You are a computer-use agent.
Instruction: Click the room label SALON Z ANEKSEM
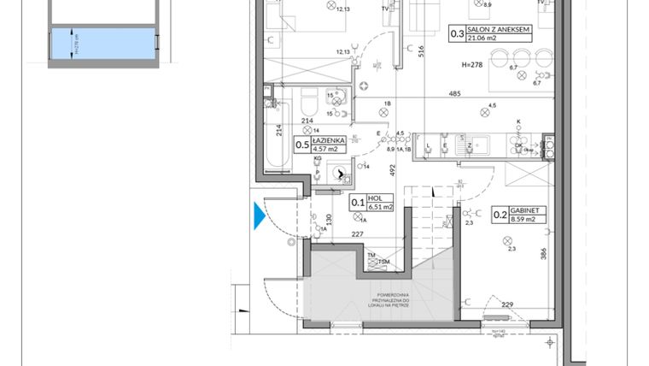pyautogui.click(x=499, y=29)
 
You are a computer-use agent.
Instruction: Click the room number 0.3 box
pyautogui.click(x=457, y=35)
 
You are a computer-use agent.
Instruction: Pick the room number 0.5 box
pyautogui.click(x=302, y=145)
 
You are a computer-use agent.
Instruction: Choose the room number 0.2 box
pyautogui.click(x=500, y=215)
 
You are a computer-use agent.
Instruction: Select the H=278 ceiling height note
pyautogui.click(x=472, y=65)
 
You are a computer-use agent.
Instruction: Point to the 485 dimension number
pyautogui.click(x=455, y=94)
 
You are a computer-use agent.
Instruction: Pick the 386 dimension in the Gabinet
pyautogui.click(x=545, y=253)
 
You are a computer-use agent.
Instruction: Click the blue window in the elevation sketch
pyautogui.click(x=103, y=44)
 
